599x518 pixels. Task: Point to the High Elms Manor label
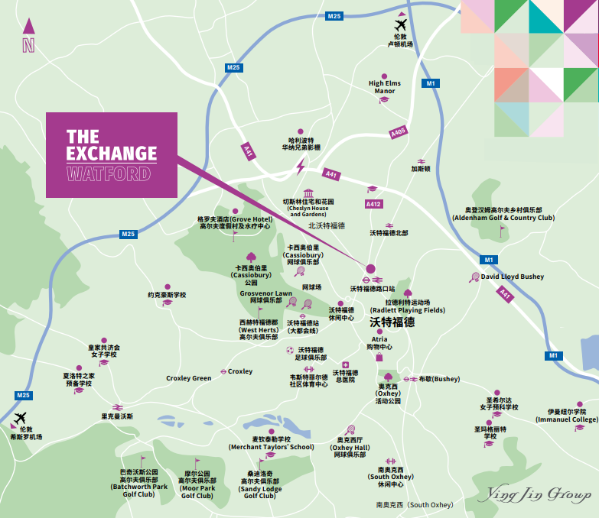384,87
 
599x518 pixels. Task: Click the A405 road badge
398,132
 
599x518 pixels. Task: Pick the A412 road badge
373,204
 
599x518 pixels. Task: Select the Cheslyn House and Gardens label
309,208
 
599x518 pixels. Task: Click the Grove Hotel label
235,222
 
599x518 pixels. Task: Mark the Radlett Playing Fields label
407,306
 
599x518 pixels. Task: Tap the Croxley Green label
188,378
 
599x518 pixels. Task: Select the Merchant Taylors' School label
271,443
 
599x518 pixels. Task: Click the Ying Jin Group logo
534,495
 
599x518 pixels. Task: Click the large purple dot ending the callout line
371,269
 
